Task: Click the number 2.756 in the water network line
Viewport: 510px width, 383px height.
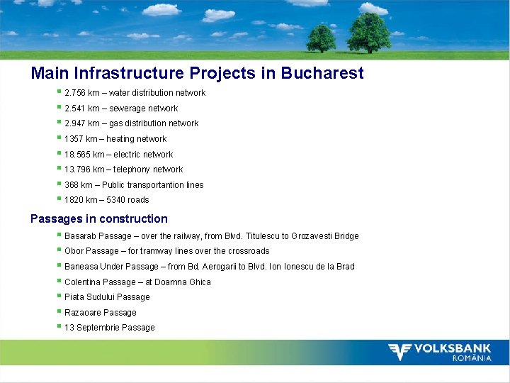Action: (75, 93)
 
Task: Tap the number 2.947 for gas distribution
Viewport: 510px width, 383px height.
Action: (75, 123)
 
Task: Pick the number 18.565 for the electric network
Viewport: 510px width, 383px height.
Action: (77, 155)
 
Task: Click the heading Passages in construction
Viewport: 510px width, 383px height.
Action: (99, 218)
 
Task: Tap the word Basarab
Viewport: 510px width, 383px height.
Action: (81, 236)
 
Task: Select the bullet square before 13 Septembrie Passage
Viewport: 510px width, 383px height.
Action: (59, 327)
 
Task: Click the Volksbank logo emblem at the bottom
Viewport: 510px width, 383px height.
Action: (400, 352)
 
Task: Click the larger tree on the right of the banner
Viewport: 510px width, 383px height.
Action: (368, 32)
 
